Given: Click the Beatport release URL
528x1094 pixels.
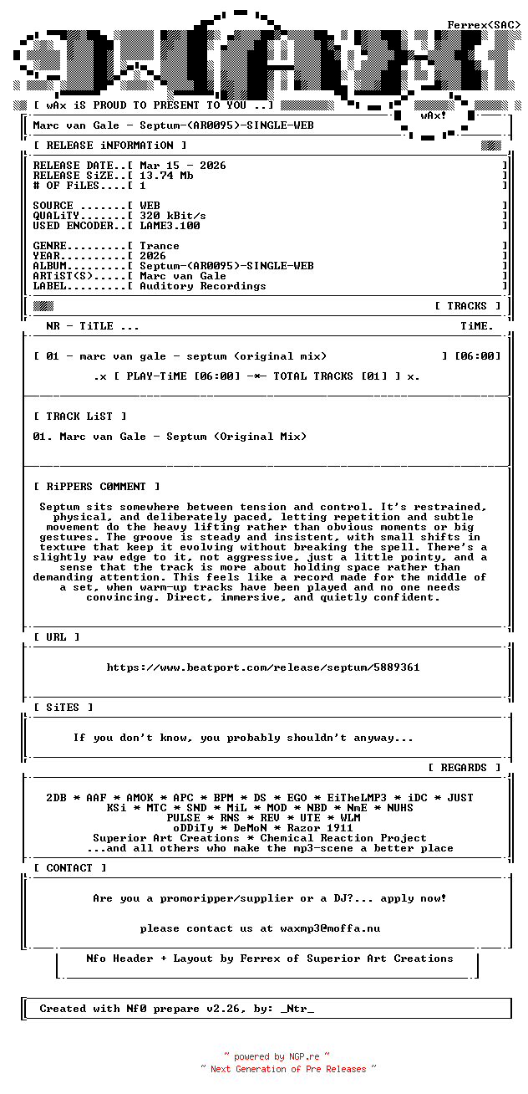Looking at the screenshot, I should [x=263, y=667].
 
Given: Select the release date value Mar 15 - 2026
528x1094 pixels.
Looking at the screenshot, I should [x=183, y=166].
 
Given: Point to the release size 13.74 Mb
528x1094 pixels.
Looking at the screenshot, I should [x=166, y=176].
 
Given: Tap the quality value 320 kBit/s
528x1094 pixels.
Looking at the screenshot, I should [x=173, y=216].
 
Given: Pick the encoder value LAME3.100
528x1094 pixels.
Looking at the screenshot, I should [x=170, y=226].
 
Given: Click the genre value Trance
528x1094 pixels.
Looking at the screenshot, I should [x=160, y=246].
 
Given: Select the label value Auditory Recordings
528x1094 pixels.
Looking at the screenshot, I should [x=203, y=286].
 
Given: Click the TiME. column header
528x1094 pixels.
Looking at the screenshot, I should [x=477, y=326].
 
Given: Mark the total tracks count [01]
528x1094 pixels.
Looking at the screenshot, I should [x=375, y=376].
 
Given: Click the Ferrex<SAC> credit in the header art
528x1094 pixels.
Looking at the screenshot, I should [x=484, y=25].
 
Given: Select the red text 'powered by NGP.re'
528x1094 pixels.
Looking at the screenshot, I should [x=277, y=1056].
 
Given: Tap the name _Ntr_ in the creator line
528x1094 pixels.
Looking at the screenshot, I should [x=298, y=1009].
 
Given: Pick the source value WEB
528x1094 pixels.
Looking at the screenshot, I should [x=150, y=206].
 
